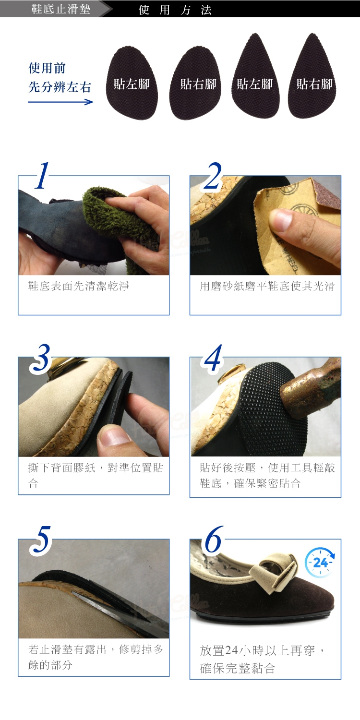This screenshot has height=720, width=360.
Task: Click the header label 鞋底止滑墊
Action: pos(61,9)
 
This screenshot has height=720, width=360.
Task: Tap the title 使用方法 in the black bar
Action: pos(175,10)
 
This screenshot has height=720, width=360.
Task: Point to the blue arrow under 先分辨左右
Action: pos(60,102)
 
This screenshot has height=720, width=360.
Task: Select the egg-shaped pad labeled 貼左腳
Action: pos(132,83)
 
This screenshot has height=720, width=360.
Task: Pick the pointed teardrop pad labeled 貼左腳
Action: pos(255,76)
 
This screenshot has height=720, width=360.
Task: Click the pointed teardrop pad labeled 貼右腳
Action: pos(312,76)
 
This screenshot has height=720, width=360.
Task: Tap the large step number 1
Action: pos(42,176)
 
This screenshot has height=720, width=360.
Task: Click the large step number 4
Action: pos(213,358)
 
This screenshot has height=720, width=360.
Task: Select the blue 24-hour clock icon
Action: pos(320,563)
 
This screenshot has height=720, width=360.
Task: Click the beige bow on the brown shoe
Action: pos(273,573)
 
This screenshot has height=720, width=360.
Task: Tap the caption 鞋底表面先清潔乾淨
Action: pos(78,286)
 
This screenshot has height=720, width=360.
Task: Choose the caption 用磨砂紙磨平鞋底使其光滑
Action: pos(267,286)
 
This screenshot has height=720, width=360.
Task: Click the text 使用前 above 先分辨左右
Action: pos(47,68)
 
